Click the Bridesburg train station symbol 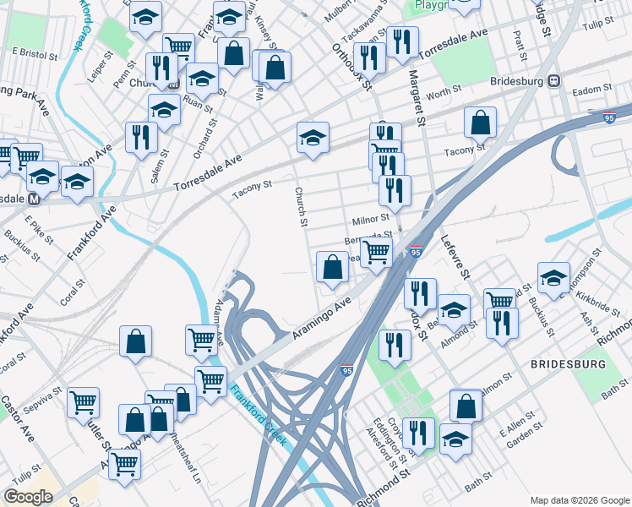[554, 81]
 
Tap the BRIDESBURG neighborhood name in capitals [568, 363]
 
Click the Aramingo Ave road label [321, 318]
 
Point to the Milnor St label [370, 219]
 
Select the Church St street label [300, 207]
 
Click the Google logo [29, 496]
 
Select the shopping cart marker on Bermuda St [376, 251]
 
